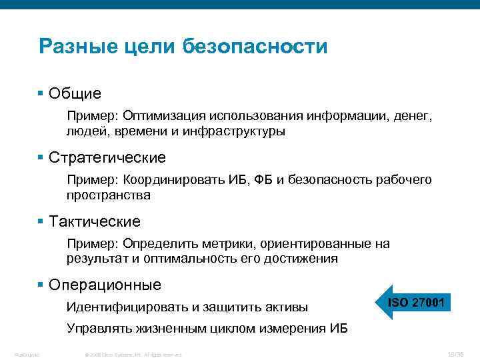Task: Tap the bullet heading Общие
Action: (x=74, y=93)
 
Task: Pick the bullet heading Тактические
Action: (x=94, y=221)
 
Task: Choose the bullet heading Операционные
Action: (x=105, y=285)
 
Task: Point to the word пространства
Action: (x=108, y=195)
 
